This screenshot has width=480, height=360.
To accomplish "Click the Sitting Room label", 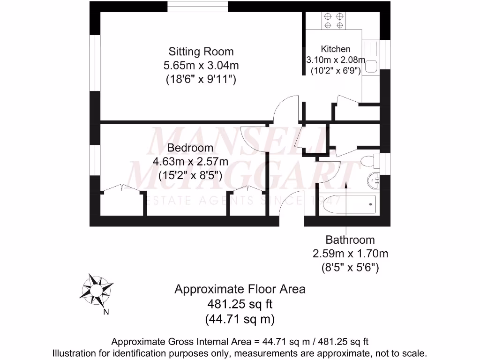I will click(201, 51).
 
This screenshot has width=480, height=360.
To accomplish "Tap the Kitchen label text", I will click(335, 49).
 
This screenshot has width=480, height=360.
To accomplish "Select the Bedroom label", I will click(190, 148).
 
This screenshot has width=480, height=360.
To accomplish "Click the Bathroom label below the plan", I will click(350, 240).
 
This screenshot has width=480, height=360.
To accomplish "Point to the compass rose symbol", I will click(97, 290).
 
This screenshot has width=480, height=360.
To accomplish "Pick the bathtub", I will click(348, 204).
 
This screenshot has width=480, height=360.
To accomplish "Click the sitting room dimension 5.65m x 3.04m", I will click(201, 65).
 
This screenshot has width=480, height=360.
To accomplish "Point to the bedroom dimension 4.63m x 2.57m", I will click(190, 162).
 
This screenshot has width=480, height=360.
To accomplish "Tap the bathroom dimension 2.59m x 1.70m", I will click(350, 254).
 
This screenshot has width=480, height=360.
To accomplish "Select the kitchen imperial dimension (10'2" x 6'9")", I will click(335, 71).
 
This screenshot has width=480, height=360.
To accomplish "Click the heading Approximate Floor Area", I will click(240, 289).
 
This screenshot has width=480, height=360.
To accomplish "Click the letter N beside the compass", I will click(106, 312).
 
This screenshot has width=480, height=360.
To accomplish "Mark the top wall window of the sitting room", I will click(198, 7).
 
